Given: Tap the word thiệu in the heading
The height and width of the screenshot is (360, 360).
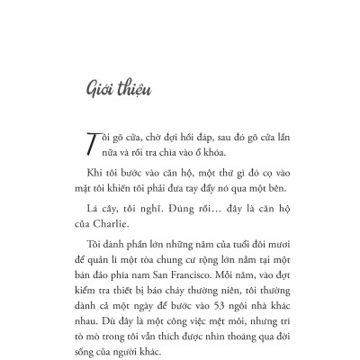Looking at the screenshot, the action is tap(131, 89).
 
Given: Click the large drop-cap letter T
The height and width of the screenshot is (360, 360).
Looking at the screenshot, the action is tap(90, 145).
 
